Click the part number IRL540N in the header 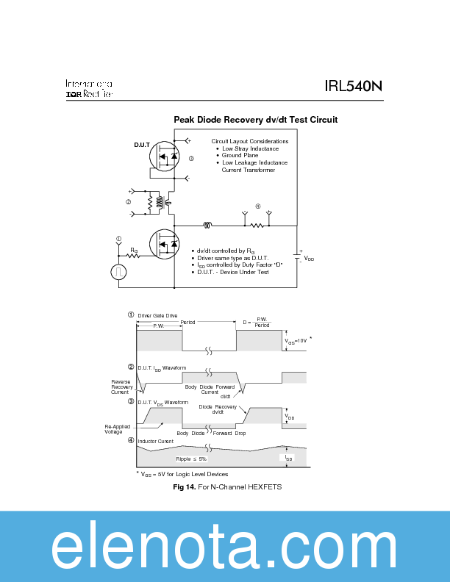[353, 87]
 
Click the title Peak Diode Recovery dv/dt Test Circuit [255, 119]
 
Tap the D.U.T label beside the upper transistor [141, 145]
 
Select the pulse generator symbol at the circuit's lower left [118, 272]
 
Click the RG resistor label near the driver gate [134, 251]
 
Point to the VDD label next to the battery [309, 259]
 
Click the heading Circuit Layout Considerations [250, 141]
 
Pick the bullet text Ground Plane [240, 156]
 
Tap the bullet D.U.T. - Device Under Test [234, 272]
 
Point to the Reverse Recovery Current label [120, 387]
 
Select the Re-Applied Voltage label [113, 429]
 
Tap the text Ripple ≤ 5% [191, 459]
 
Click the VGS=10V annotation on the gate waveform [297, 341]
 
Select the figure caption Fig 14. [182, 487]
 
